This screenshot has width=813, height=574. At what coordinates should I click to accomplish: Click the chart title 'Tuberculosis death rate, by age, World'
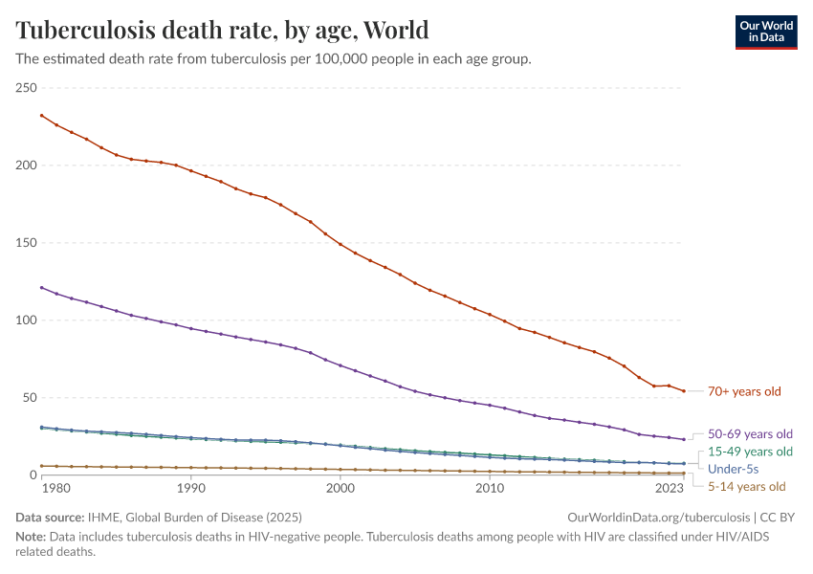tap(222, 30)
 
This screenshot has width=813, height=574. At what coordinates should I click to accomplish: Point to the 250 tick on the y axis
tap(26, 88)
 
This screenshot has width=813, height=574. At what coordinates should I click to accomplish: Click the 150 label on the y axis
tap(26, 243)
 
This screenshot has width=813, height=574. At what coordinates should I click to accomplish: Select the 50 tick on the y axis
tap(30, 398)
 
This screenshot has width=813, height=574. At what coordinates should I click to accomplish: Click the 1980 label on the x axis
tap(56, 489)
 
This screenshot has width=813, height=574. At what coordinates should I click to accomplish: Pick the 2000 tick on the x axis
tap(341, 489)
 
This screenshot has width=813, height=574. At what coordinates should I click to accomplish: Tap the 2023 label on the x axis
tap(670, 489)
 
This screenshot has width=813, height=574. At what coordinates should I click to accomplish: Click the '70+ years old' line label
tap(744, 391)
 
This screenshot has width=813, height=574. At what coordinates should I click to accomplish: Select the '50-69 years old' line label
tap(750, 432)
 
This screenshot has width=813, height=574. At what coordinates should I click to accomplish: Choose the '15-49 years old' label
tap(750, 452)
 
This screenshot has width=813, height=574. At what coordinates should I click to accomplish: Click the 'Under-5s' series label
tap(733, 469)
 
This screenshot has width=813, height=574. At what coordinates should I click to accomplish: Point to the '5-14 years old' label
tap(746, 487)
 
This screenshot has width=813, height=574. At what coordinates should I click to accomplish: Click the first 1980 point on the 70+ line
tap(41, 116)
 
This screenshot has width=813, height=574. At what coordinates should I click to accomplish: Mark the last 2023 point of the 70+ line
tap(684, 390)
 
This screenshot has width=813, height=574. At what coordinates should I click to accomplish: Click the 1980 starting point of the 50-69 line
tap(41, 287)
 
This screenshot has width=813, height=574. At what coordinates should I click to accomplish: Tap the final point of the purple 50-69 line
tap(684, 439)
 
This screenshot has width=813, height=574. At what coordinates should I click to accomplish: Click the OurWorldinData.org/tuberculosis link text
tap(658, 518)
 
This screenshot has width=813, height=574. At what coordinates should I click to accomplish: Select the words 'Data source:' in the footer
tap(50, 518)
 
